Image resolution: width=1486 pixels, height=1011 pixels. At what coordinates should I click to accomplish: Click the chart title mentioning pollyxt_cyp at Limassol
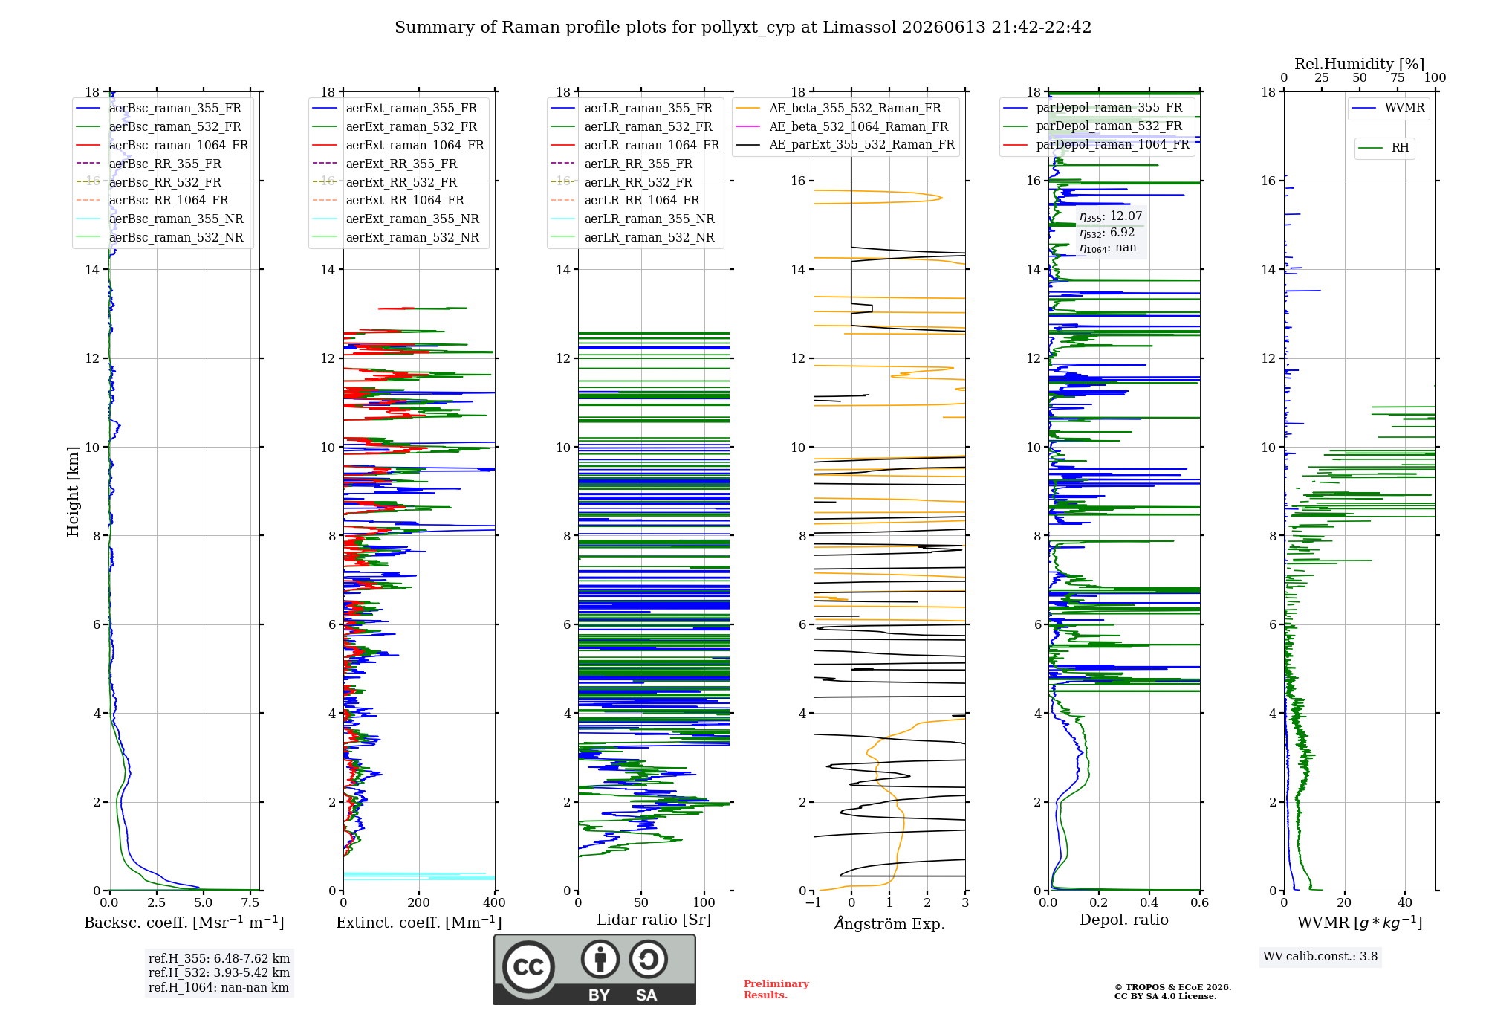coord(743,28)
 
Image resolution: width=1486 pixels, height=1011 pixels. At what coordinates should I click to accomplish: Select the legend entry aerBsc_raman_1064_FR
coord(163,145)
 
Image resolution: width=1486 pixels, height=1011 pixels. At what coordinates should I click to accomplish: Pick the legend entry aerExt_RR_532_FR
coord(386,182)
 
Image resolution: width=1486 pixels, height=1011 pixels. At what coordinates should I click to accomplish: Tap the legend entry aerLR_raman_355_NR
coord(633,219)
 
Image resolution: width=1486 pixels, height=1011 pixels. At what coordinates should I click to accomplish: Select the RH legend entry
coord(1384,148)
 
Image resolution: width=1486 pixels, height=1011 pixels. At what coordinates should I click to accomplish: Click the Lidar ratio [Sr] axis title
coord(654,920)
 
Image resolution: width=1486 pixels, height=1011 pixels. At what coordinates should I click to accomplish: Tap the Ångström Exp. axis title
coord(889,923)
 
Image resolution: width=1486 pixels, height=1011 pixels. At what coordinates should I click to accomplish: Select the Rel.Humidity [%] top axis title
coord(1360,64)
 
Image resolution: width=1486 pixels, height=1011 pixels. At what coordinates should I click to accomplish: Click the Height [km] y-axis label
coord(73,491)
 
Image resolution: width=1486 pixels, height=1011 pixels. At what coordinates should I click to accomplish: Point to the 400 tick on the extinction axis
coord(494,903)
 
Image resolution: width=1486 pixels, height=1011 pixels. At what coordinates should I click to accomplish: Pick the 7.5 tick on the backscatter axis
coord(250,903)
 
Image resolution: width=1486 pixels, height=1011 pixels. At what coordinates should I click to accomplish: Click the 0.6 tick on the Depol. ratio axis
coord(1200,903)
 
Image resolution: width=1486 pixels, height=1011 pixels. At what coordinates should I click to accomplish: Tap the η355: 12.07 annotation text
coord(1111,216)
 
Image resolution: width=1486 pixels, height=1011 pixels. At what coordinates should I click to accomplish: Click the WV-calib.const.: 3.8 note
coord(1320,957)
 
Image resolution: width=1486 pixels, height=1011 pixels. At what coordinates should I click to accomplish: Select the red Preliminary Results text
coord(776,989)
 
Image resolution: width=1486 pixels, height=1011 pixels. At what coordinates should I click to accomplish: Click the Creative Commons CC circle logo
coord(528,967)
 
